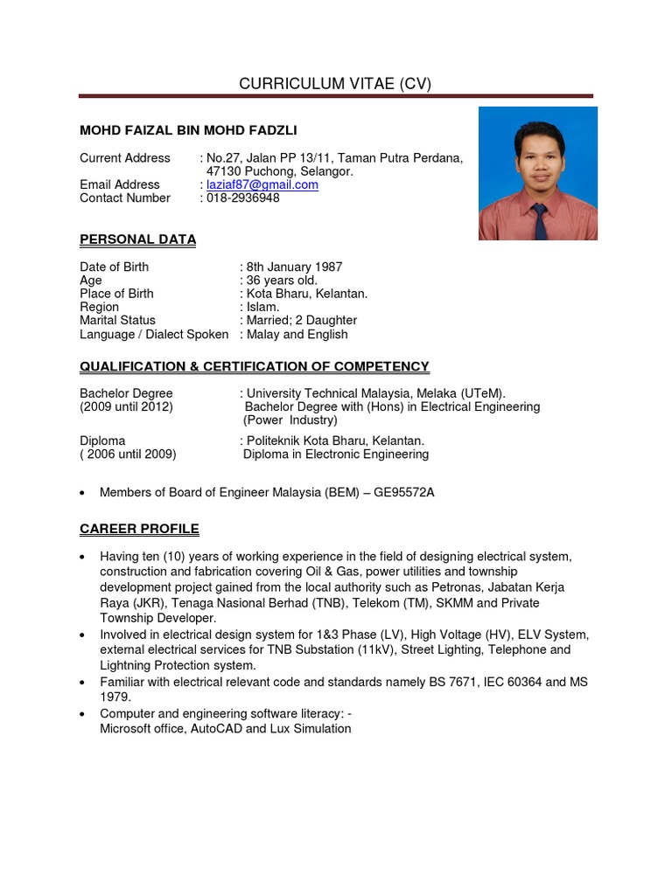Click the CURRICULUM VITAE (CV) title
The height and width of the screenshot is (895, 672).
tap(336, 84)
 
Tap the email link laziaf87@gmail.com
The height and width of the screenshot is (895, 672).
tap(262, 185)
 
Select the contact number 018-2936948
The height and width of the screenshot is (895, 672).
tap(243, 198)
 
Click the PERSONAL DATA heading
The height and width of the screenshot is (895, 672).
tap(137, 239)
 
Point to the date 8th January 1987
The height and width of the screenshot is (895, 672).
tap(294, 267)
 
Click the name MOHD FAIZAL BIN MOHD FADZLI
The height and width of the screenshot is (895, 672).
tap(188, 131)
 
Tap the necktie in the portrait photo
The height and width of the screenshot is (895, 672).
tap(540, 222)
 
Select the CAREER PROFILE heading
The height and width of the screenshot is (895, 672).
tap(139, 530)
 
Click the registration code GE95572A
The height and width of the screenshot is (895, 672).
tap(404, 493)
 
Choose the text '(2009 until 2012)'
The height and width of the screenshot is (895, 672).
tap(126, 407)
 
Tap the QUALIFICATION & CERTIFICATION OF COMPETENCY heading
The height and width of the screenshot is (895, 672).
tap(255, 367)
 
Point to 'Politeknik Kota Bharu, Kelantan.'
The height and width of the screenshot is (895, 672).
tap(336, 441)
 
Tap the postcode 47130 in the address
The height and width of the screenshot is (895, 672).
tap(223, 172)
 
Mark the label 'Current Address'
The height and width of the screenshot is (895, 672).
tap(125, 158)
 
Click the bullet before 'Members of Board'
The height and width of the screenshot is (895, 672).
tap(82, 494)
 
